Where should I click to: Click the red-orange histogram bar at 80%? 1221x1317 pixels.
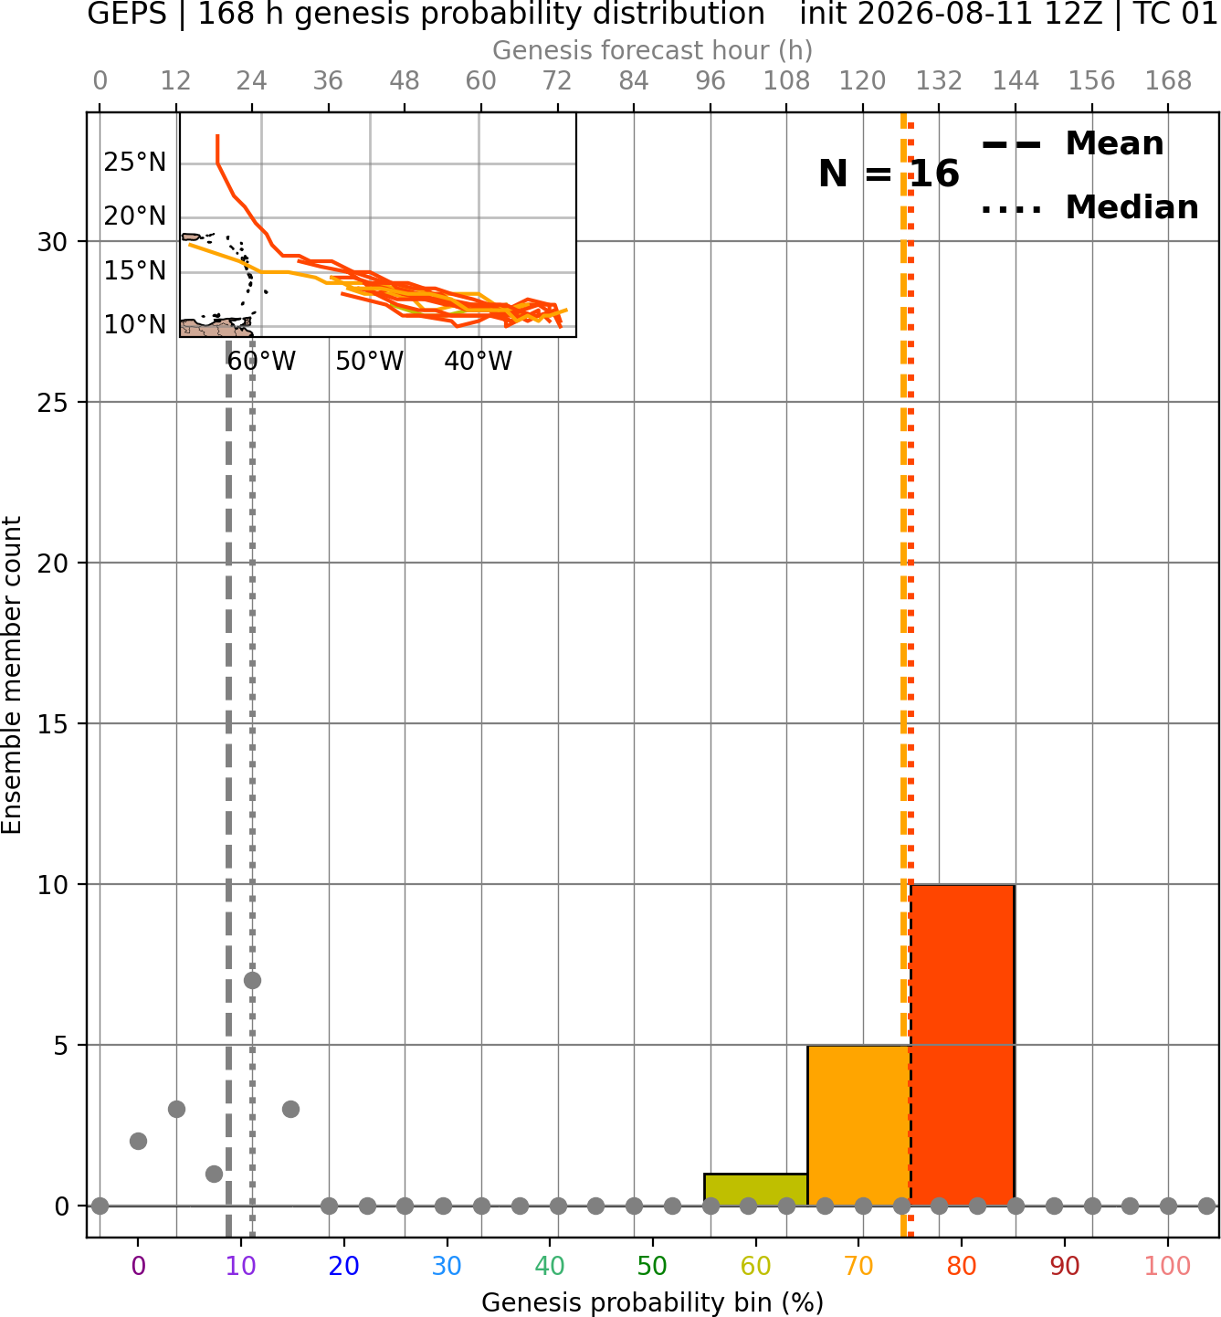(963, 1045)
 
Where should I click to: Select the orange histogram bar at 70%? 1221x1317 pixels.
(858, 1125)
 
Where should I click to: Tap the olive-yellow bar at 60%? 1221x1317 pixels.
(756, 1190)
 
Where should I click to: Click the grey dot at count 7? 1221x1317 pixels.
(252, 981)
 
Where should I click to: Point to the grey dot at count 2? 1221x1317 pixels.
(138, 1142)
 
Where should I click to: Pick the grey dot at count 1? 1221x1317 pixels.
(215, 1175)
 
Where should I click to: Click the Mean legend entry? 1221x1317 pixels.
(1072, 144)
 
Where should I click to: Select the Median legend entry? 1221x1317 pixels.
(1090, 207)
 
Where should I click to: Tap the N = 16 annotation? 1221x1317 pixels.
(889, 174)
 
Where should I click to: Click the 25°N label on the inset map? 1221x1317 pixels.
(134, 163)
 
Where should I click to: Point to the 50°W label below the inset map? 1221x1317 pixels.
(370, 362)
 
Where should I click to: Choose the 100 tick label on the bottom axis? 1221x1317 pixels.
(1167, 1266)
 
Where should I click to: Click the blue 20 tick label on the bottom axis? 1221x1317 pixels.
(343, 1266)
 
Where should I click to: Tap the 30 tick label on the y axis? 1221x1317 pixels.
(52, 242)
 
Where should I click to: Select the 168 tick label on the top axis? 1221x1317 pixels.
(1168, 81)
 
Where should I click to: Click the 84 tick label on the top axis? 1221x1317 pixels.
(634, 81)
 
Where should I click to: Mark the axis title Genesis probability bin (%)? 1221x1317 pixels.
(653, 1301)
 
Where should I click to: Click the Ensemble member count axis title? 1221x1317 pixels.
(12, 675)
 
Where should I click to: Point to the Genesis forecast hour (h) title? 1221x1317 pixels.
(653, 50)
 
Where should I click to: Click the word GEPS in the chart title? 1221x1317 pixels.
(127, 14)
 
